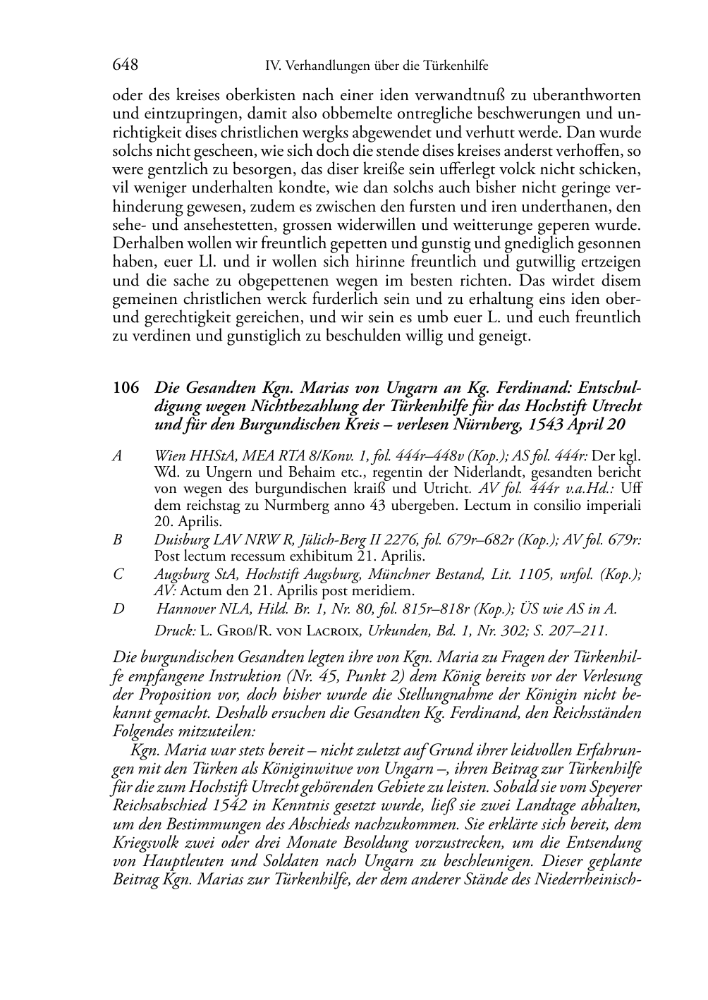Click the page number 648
[125, 66]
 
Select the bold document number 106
[126, 388]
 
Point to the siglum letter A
[117, 456]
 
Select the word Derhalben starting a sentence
[145, 244]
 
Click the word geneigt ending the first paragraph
[502, 336]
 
